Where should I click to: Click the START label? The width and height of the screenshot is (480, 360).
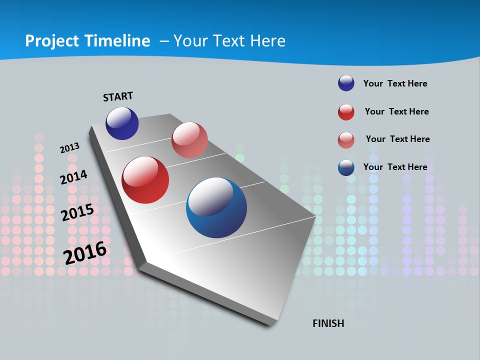tap(118, 96)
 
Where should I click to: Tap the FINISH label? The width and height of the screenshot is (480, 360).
tap(328, 323)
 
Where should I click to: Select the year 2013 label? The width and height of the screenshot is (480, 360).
tap(70, 148)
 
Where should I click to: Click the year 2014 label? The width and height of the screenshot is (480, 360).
tap(74, 177)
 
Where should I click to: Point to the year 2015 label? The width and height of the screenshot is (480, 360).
tap(77, 212)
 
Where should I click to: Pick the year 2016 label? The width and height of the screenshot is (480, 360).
tap(85, 252)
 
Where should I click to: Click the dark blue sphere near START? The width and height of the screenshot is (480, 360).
tap(122, 123)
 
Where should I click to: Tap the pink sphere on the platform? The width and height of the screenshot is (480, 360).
tap(189, 140)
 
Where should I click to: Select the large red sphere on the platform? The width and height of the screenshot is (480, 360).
tap(145, 180)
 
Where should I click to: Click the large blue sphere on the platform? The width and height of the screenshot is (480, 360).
tap(216, 207)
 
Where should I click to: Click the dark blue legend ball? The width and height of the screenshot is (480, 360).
tap(346, 83)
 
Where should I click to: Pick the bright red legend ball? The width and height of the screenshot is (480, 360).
tap(346, 112)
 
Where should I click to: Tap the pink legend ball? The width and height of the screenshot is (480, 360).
tap(346, 140)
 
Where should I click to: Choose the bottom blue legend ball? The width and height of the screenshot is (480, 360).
tap(346, 167)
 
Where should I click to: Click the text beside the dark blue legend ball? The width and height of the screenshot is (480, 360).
tap(395, 83)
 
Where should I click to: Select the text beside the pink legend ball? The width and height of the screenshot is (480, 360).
tap(397, 139)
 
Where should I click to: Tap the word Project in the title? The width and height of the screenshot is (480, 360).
tap(50, 41)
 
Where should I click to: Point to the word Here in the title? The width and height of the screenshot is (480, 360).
tap(267, 41)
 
